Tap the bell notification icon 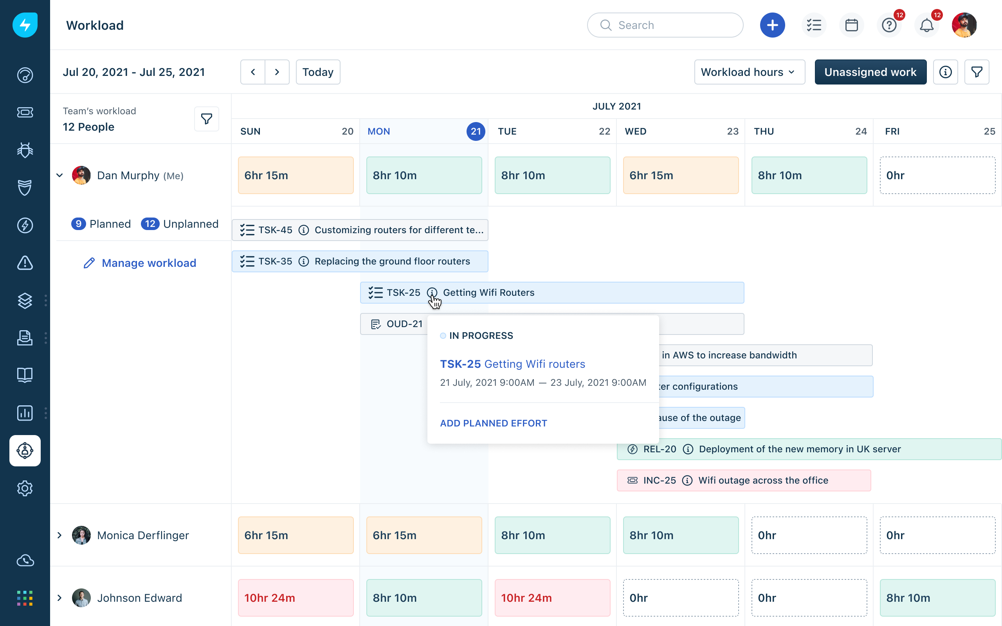[x=926, y=25]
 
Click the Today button [x=317, y=72]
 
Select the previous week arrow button [x=252, y=72]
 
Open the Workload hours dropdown [x=749, y=72]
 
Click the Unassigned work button [x=870, y=72]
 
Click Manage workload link [x=149, y=263]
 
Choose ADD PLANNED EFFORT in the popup [x=493, y=423]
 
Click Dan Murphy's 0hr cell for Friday [x=937, y=175]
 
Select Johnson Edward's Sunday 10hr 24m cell [x=296, y=597]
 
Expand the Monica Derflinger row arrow [x=59, y=535]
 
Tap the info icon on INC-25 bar [x=687, y=480]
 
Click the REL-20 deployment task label [x=799, y=449]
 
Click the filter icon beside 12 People [x=206, y=119]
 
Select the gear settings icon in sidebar [x=25, y=488]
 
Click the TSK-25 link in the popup [x=460, y=364]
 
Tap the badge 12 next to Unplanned [x=150, y=224]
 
